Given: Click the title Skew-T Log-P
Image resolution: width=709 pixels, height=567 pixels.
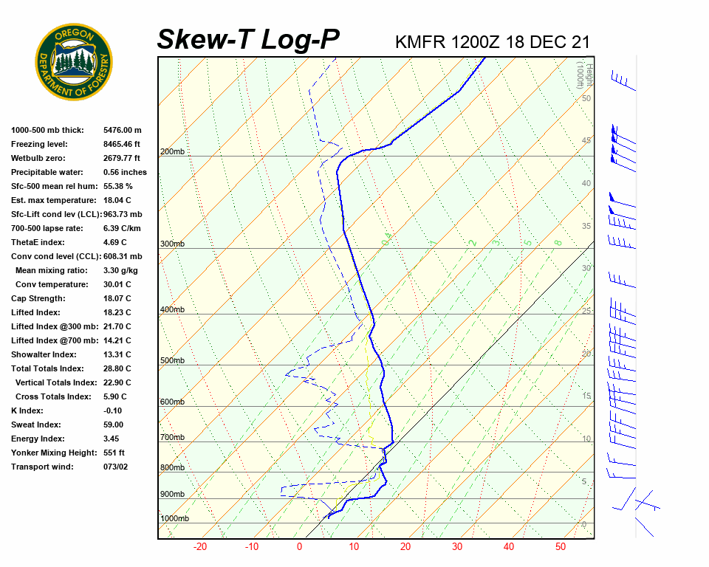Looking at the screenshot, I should click(248, 39).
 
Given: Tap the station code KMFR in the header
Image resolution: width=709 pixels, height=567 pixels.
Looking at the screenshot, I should click(420, 42).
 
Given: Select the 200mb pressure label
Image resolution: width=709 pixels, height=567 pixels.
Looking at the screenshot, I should click(172, 152).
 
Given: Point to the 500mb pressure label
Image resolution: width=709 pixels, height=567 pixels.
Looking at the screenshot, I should click(172, 361).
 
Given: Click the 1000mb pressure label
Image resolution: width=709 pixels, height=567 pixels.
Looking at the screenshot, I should click(174, 519).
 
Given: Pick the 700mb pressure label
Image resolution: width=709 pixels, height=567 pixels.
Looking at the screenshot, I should click(172, 438).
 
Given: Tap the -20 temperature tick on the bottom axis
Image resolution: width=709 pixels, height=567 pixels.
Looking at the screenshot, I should click(199, 547).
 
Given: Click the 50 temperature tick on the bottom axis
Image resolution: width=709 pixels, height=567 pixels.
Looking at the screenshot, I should click(561, 547).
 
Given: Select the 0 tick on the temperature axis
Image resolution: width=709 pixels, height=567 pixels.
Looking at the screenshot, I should click(299, 547).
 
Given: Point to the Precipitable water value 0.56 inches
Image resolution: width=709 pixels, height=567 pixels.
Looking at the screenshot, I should click(125, 172).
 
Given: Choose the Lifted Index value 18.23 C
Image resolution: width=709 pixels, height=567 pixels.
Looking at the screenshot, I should click(117, 312).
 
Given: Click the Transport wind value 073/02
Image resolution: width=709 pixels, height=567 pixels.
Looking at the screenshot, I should click(115, 467).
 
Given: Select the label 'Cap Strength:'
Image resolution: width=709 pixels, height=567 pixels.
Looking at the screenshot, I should click(38, 298).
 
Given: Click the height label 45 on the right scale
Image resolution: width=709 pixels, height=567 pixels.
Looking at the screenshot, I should click(586, 140).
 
